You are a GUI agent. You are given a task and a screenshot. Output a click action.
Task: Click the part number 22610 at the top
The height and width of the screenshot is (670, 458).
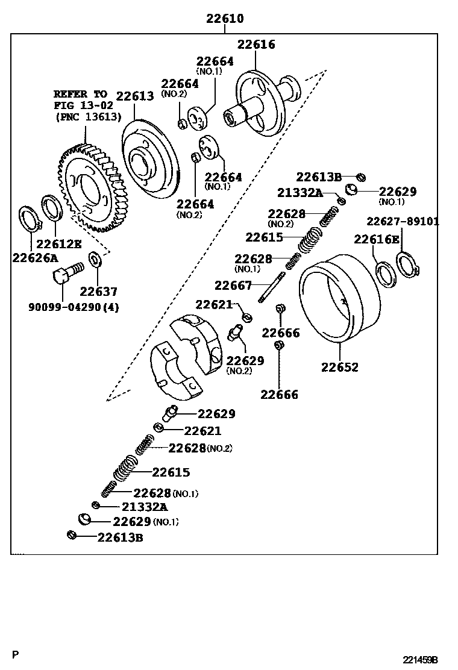(225, 19)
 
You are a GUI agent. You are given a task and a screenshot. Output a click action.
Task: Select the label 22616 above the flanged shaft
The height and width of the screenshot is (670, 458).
(256, 44)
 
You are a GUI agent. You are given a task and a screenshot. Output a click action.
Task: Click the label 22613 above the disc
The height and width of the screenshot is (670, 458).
(134, 96)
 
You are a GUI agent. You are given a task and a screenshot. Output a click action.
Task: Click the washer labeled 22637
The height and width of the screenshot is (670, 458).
(95, 260)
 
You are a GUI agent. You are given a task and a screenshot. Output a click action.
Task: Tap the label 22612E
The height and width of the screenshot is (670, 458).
(59, 244)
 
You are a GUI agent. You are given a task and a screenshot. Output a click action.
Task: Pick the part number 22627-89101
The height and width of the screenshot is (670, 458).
(403, 222)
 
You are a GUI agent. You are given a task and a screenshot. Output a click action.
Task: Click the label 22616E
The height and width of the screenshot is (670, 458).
(376, 239)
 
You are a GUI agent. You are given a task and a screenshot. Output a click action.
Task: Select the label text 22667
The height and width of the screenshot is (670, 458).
(234, 285)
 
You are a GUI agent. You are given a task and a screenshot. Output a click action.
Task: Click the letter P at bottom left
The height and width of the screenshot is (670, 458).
(16, 654)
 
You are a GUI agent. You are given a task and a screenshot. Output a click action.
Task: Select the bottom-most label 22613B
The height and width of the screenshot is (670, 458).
(120, 537)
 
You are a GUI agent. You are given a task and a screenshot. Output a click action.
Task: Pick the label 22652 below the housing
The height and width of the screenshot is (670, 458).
(339, 367)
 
